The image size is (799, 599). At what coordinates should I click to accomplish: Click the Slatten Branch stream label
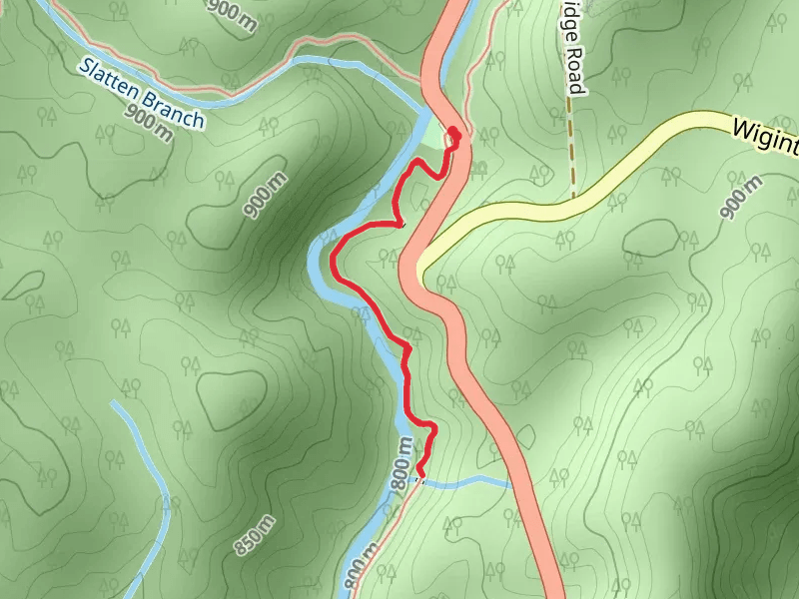pos(143,94)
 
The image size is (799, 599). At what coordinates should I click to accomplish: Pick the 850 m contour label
pos(254,536)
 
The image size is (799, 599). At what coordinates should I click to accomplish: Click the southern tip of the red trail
pos(420,473)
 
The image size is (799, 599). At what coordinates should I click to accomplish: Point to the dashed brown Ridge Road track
pos(572,150)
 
